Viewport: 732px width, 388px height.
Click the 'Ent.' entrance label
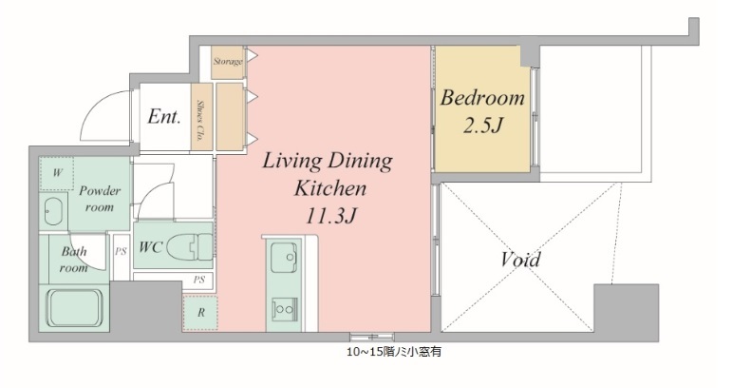point(163,117)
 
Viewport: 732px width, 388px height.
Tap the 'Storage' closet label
point(228,62)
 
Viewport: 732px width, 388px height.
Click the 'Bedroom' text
point(481,98)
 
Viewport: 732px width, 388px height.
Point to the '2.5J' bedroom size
point(481,125)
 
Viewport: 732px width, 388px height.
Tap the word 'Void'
point(519,260)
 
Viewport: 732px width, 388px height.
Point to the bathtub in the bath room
point(77,308)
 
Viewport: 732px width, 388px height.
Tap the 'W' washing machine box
point(57,172)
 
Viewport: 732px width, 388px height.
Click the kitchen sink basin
point(284,258)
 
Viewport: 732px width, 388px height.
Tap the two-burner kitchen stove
point(284,307)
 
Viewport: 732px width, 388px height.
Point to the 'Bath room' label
point(74,260)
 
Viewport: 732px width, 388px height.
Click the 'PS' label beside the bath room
point(121,252)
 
